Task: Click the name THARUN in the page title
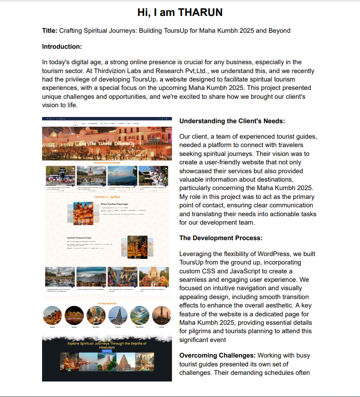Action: coord(200,12)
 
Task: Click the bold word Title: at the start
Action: coord(50,31)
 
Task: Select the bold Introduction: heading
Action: coord(62,47)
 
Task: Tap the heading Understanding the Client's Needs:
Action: coord(232,121)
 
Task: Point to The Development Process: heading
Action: coord(221,238)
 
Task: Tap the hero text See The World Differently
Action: coord(107,144)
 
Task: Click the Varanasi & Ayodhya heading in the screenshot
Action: coord(107,197)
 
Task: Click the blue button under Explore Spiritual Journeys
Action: coord(107,351)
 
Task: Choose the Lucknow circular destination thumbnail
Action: coord(161,315)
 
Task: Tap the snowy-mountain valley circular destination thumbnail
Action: coord(139,315)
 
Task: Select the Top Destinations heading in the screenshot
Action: coord(107,304)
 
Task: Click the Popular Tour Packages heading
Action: coord(107,163)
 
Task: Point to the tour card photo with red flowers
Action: coord(153,176)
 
